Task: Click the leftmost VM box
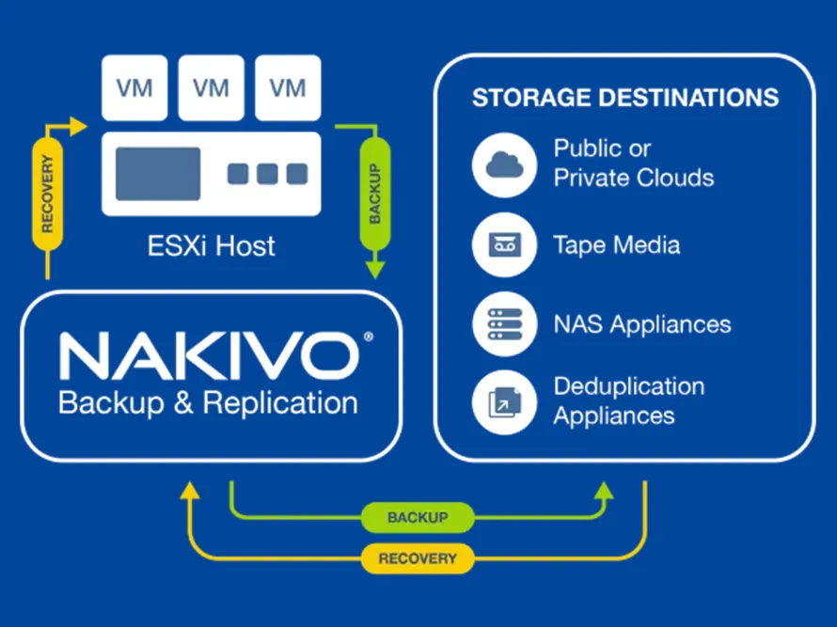pyautogui.click(x=134, y=87)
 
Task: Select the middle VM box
pyautogui.click(x=212, y=87)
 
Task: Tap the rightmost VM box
pyautogui.click(x=289, y=87)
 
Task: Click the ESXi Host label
pyautogui.click(x=212, y=246)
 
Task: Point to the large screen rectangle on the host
pyautogui.click(x=158, y=174)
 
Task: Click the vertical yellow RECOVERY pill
pyautogui.click(x=48, y=194)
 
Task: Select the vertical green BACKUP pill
pyautogui.click(x=375, y=194)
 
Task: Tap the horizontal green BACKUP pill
pyautogui.click(x=418, y=517)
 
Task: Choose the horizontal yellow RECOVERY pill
pyautogui.click(x=418, y=558)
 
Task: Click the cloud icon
pyautogui.click(x=504, y=165)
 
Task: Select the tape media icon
pyautogui.click(x=504, y=244)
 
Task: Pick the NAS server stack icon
pyautogui.click(x=504, y=324)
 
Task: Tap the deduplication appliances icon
pyautogui.click(x=504, y=402)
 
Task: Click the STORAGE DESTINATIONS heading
pyautogui.click(x=625, y=98)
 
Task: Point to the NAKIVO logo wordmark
pyautogui.click(x=210, y=355)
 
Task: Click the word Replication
pyautogui.click(x=280, y=404)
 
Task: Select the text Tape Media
pyautogui.click(x=617, y=245)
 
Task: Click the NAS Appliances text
pyautogui.click(x=642, y=324)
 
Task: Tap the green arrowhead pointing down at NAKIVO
pyautogui.click(x=375, y=269)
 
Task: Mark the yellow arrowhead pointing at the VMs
pyautogui.click(x=78, y=127)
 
